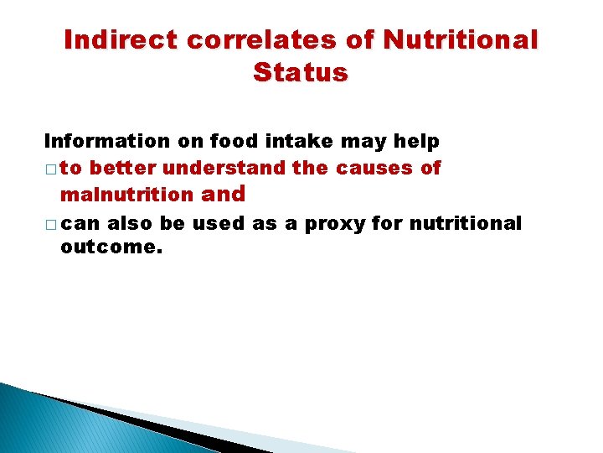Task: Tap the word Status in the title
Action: pos(300,73)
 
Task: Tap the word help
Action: pos(416,140)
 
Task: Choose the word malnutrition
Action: pos(126,195)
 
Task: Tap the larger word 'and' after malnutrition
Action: pos(224,195)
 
